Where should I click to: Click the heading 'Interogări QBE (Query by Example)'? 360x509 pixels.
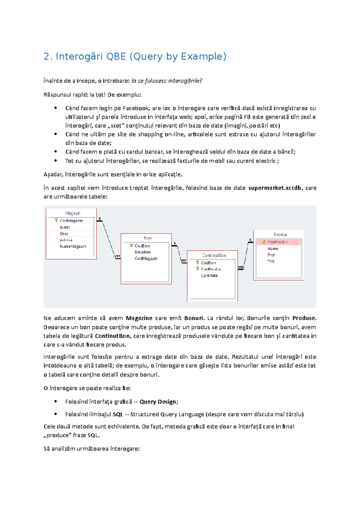(135, 56)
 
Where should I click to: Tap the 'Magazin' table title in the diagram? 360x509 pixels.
(73, 213)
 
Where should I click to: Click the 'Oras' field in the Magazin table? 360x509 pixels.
(64, 234)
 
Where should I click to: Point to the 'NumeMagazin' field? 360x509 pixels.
(73, 246)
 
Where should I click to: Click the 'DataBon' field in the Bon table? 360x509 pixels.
(142, 252)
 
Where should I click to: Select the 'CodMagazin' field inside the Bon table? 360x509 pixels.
(146, 258)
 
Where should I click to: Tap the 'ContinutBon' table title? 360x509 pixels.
(214, 255)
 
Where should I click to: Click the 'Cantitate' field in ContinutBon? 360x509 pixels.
(209, 275)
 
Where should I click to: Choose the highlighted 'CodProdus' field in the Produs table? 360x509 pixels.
(277, 242)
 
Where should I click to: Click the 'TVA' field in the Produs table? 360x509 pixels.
(271, 261)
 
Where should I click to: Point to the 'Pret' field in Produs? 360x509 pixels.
(271, 255)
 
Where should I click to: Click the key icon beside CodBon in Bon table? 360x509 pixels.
(131, 246)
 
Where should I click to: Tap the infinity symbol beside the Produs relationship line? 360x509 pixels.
(241, 267)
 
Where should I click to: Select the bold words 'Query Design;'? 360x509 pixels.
(159, 402)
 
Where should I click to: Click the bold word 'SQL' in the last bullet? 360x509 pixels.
(118, 414)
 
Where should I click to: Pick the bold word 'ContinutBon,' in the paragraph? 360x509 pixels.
(112, 336)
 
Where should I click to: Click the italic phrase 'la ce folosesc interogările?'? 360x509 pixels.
(167, 81)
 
